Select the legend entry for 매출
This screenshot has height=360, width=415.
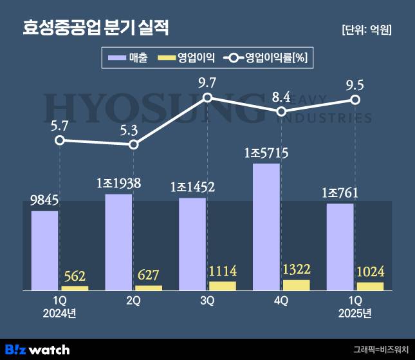129,59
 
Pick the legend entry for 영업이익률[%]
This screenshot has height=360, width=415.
266,59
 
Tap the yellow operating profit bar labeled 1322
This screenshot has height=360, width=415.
297,285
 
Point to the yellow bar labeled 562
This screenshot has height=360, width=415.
75,288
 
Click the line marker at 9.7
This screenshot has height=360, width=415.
208,98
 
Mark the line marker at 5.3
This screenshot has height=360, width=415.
134,144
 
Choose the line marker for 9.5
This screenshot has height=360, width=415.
355,100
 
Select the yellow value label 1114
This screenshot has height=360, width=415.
223,272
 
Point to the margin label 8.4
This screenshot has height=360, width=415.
281,97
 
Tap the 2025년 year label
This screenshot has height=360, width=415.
355,314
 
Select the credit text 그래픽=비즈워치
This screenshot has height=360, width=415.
380,349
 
